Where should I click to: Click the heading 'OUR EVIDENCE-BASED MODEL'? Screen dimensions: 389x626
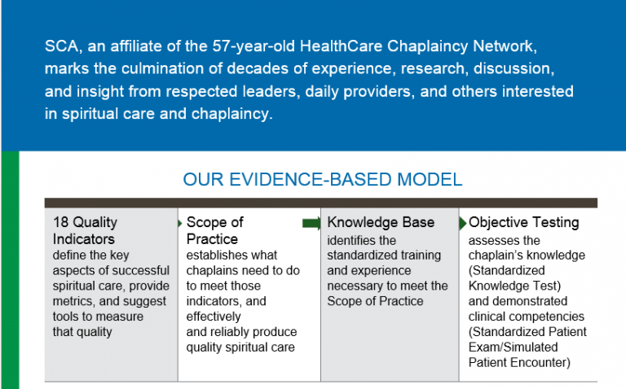(322, 179)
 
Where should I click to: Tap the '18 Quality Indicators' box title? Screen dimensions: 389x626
(85, 230)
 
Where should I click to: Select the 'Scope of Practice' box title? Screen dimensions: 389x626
(214, 230)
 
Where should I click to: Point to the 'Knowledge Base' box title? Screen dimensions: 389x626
(381, 222)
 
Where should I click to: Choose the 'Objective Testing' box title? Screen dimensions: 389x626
(523, 222)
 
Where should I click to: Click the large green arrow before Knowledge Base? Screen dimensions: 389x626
(312, 223)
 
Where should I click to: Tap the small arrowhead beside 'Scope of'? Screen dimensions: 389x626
(180, 222)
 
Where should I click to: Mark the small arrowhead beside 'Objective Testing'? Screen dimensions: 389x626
(464, 222)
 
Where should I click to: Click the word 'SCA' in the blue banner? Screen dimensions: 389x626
(60, 46)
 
